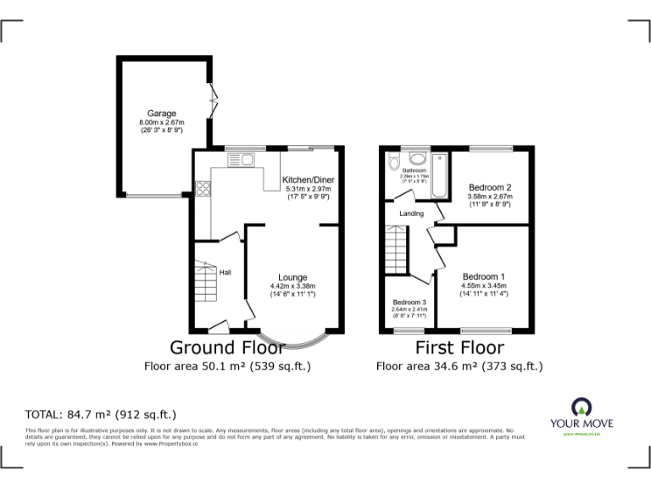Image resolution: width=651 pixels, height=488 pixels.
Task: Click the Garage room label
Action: (x=162, y=114)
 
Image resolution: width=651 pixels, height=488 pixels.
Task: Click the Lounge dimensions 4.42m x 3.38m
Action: (x=293, y=286)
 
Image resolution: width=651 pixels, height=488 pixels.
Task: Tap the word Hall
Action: (x=225, y=272)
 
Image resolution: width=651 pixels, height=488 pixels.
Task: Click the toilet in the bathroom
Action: (x=392, y=163)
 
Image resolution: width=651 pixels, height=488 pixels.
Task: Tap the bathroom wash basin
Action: (x=416, y=158)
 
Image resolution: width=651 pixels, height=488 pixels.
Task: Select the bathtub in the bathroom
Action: (x=438, y=175)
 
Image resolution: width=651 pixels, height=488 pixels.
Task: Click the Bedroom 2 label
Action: (x=489, y=187)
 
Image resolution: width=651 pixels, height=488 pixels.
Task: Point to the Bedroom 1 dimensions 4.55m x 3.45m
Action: (x=483, y=286)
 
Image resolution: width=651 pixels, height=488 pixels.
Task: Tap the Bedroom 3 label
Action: (x=409, y=302)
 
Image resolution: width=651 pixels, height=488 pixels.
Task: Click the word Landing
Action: (x=411, y=213)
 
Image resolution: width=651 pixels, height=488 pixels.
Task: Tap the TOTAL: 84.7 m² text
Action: (x=101, y=415)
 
